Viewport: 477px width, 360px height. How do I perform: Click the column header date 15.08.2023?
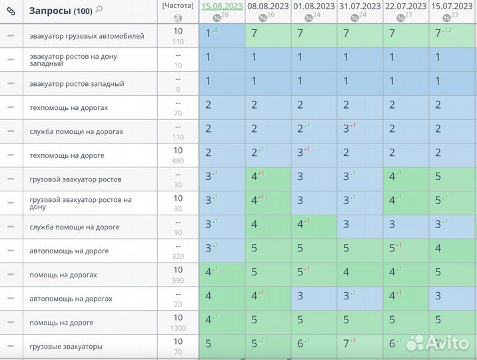[222, 6]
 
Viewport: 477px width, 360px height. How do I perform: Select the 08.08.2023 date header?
[267, 6]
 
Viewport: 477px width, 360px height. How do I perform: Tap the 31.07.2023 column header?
[359, 6]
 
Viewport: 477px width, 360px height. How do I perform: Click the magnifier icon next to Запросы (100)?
[99, 9]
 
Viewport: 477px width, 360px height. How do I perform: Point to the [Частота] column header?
[178, 5]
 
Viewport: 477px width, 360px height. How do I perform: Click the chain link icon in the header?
[11, 11]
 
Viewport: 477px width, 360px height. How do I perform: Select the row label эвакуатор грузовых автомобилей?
[87, 36]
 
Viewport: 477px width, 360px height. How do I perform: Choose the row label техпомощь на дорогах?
[69, 107]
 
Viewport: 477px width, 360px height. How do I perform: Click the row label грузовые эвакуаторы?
[66, 347]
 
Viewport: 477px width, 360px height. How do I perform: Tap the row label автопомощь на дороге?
[69, 251]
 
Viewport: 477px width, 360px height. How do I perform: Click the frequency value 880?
[178, 160]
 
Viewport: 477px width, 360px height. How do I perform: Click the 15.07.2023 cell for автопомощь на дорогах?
[453, 299]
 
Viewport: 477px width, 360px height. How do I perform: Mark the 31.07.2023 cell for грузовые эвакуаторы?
[360, 345]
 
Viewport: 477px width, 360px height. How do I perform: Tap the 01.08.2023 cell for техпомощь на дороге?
[314, 154]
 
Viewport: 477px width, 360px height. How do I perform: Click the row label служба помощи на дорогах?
[76, 131]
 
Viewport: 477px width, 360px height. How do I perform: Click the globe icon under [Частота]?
[178, 17]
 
